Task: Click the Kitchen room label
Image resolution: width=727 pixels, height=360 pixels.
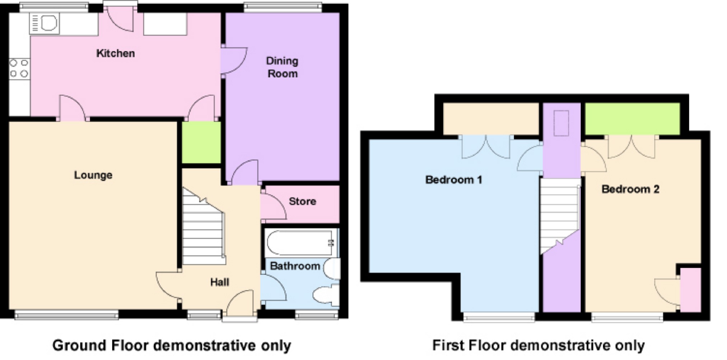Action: click(x=115, y=53)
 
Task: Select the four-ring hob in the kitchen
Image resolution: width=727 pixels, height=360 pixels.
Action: click(x=19, y=69)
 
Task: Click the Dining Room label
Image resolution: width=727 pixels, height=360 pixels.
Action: click(x=282, y=67)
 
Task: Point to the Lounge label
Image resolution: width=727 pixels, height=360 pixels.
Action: click(x=93, y=175)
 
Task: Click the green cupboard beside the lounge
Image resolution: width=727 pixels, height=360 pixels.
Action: click(x=201, y=142)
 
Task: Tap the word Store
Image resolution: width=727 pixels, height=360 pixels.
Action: click(x=302, y=201)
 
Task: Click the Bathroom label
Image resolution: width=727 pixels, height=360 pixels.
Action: click(x=295, y=266)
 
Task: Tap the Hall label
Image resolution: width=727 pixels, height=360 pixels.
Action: click(x=219, y=282)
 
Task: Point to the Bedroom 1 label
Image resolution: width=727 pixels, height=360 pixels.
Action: click(x=453, y=179)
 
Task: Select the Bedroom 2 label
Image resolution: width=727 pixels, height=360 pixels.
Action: click(x=630, y=189)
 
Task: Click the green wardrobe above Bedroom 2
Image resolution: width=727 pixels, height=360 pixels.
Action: click(x=632, y=119)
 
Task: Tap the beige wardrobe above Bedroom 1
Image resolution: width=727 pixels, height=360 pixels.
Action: click(x=491, y=119)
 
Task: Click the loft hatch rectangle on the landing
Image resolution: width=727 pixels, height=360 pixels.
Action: click(x=561, y=123)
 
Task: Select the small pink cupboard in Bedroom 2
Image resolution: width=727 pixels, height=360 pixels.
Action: click(x=691, y=290)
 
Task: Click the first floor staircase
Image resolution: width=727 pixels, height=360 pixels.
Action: click(x=559, y=215)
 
